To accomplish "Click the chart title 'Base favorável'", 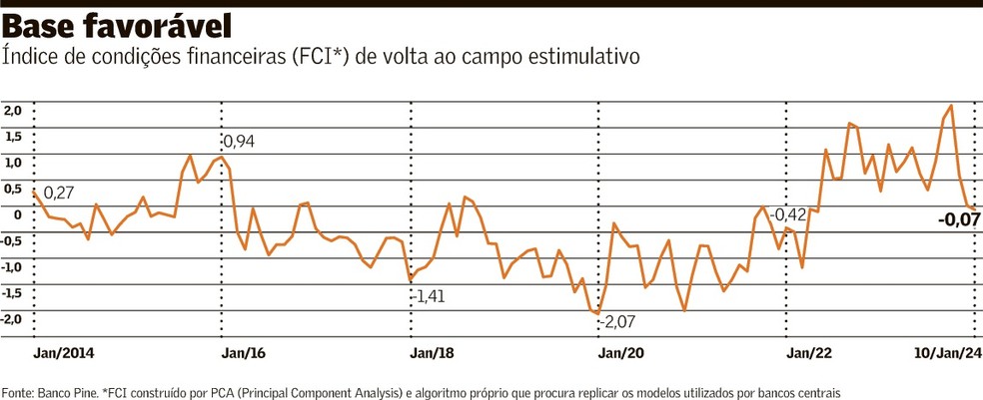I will point(118,24).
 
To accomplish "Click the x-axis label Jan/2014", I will point(65,352).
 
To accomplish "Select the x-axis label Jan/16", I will point(243,352).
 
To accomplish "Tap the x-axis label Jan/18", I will point(432,352).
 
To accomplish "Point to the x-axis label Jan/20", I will point(620,352).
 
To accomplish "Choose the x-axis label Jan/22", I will point(809,352).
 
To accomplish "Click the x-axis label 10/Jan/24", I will point(948,352).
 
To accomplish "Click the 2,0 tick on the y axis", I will point(13,111).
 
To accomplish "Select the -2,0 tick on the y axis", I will point(11,319).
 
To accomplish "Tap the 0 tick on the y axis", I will point(17,214).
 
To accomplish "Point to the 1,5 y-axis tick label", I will point(13,137).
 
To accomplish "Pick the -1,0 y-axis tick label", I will point(11,267).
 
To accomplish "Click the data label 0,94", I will point(239,142).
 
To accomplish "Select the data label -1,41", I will point(431,296).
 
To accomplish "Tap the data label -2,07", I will point(618,322).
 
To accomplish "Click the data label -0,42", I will point(788,214).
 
